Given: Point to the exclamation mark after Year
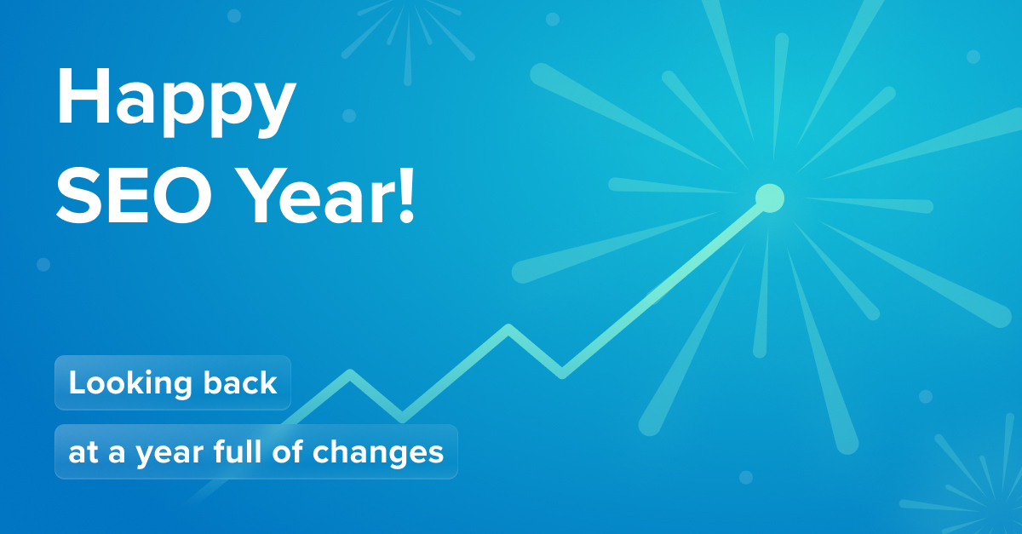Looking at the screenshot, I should [x=406, y=195].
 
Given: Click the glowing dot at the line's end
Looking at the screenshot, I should [x=769, y=198].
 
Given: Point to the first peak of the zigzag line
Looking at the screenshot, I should [x=350, y=373].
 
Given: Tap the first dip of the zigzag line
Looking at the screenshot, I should [x=403, y=418].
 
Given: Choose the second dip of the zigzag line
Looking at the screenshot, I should [x=562, y=373].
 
